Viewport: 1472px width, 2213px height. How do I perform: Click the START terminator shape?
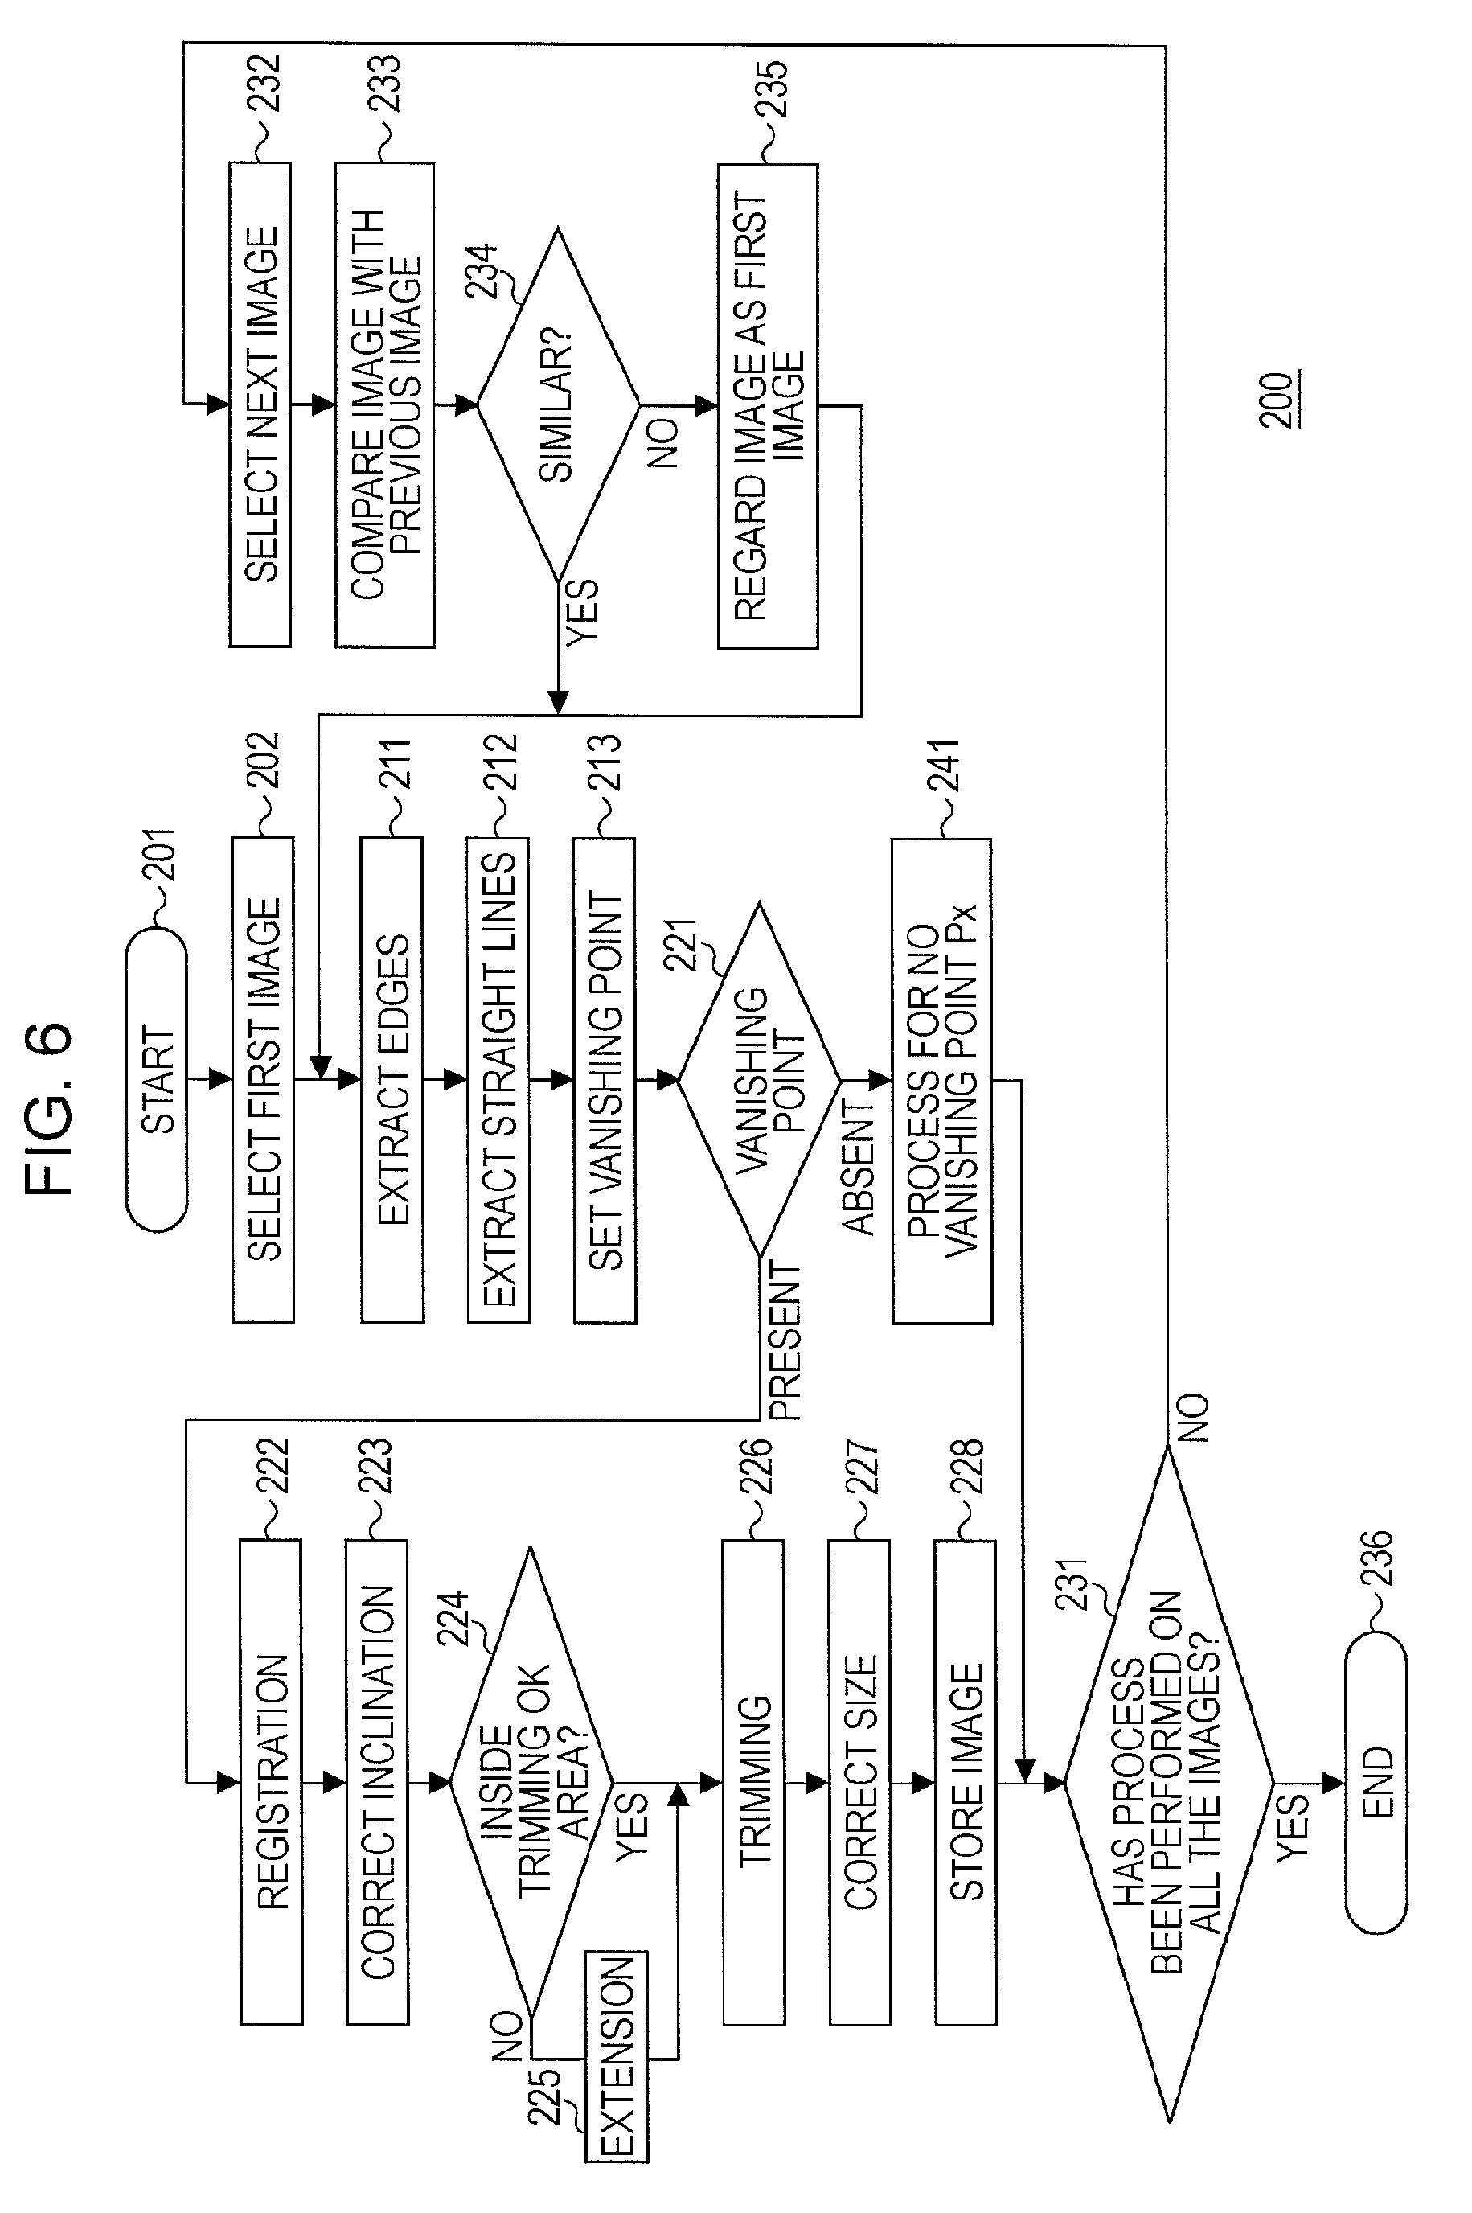(157, 1079)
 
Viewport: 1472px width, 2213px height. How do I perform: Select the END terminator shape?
(1376, 1781)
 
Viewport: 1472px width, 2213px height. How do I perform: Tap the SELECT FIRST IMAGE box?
(263, 1079)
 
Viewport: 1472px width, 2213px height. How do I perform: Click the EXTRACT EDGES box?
(392, 1079)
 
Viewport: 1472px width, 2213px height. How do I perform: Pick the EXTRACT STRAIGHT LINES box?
(498, 1079)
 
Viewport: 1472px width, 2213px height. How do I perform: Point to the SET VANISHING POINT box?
(605, 1079)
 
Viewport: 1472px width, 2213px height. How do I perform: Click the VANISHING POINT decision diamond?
(759, 1079)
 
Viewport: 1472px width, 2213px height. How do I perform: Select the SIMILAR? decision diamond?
(559, 405)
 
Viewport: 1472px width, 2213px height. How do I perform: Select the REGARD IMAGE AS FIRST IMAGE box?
(768, 405)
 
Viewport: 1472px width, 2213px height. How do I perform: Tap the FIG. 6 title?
(49, 1108)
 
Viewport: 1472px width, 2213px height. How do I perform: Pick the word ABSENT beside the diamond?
(857, 1167)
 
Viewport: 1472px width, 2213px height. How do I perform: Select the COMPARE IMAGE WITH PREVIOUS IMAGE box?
(385, 405)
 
